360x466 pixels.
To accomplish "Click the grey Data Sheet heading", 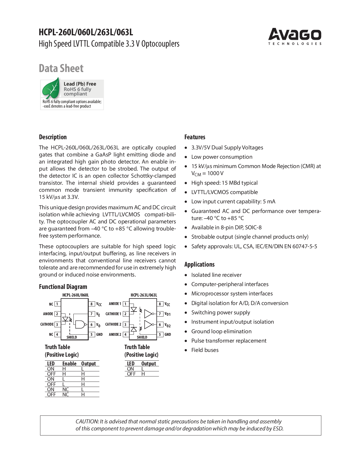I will [61, 68].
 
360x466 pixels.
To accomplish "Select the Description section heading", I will [53, 137].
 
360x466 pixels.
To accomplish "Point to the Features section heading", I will [195, 137].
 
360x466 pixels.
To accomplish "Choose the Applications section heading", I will [199, 264].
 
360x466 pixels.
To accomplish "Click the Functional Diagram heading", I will [63, 287].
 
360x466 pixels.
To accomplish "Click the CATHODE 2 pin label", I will [113, 324].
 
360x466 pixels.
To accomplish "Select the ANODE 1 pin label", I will [115, 304].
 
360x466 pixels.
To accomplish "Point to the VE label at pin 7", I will [98, 314].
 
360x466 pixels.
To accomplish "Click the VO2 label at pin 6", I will [167, 325].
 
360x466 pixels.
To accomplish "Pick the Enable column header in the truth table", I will [69, 363].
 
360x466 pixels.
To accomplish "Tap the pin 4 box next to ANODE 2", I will [126, 335].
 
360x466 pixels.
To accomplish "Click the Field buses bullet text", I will [205, 350].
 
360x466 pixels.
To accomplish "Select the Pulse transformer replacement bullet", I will [229, 341].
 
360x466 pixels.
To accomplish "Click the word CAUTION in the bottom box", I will [87, 421].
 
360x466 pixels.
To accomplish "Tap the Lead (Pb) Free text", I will [80, 84].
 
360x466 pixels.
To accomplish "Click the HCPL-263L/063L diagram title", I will [144, 295].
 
